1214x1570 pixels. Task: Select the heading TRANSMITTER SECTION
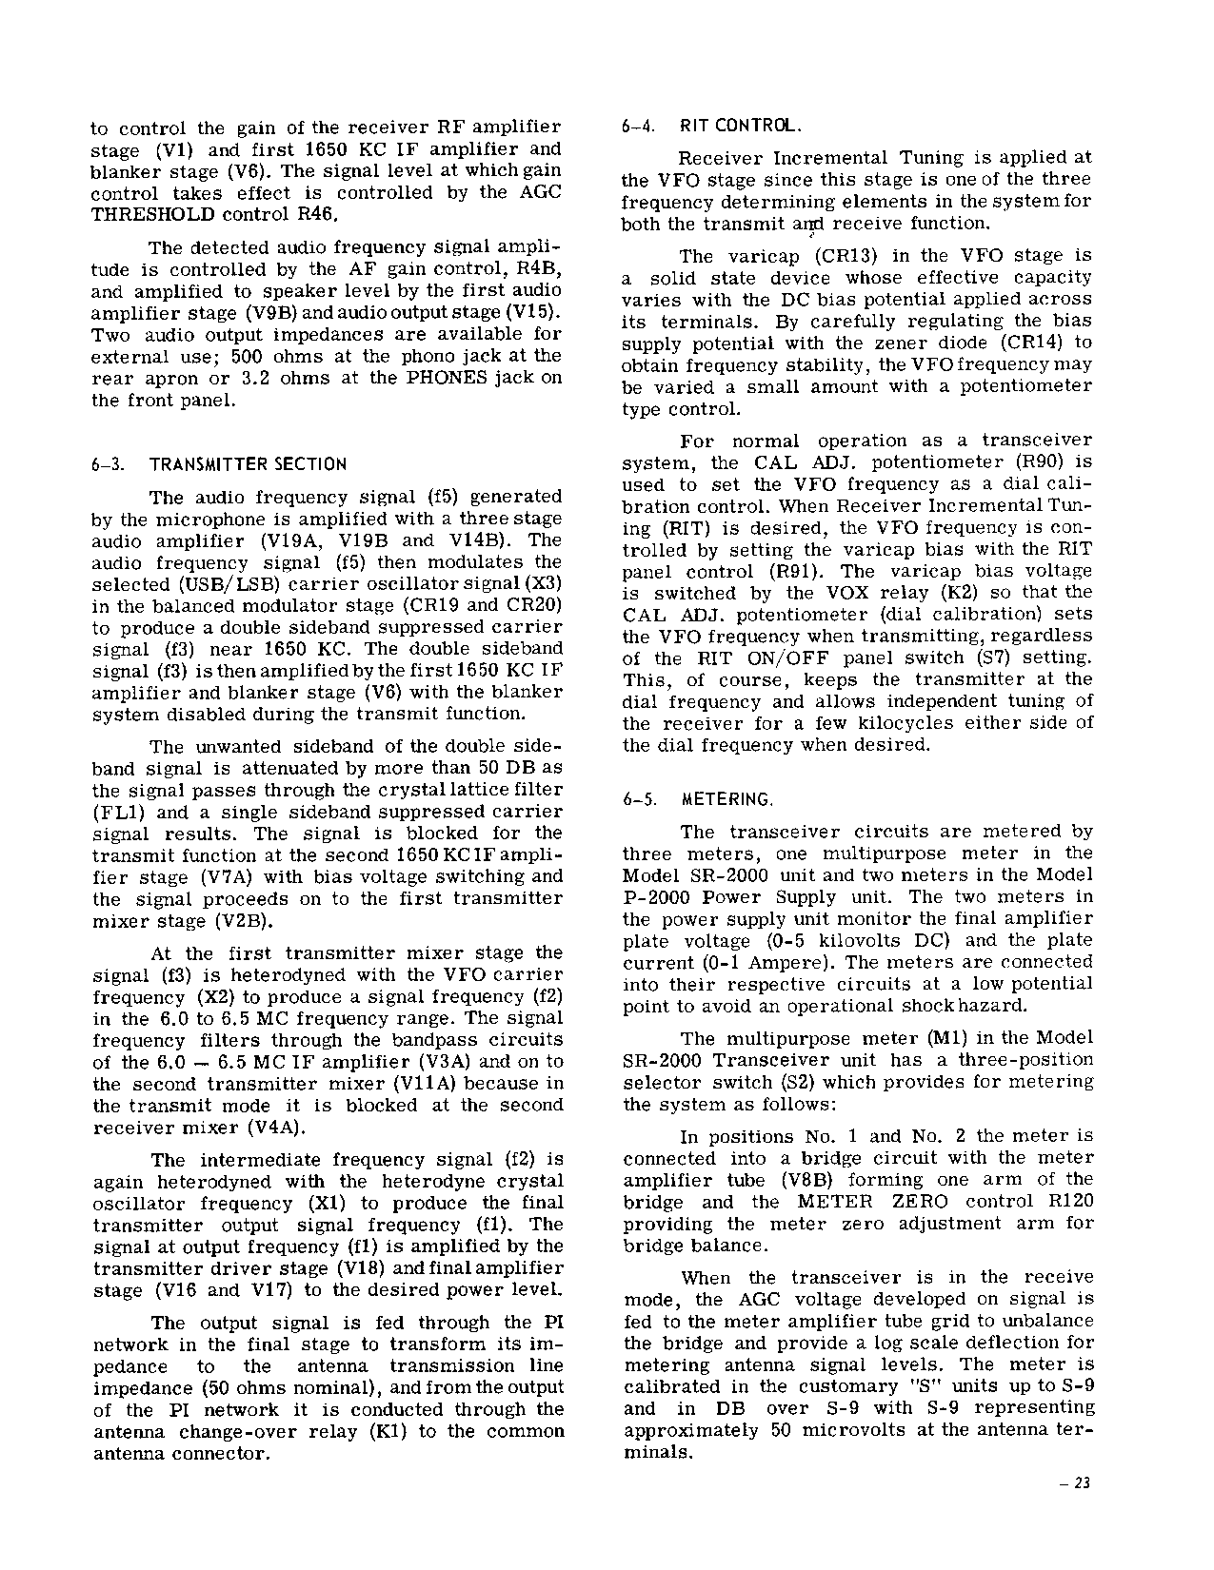pos(248,464)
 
